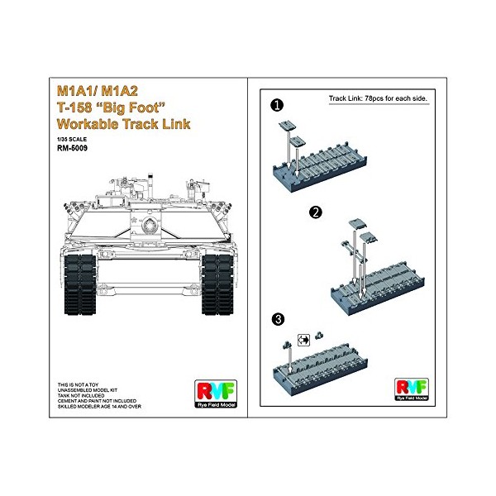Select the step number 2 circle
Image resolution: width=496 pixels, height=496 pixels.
[x=314, y=212]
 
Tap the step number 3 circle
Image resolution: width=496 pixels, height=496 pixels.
[x=279, y=318]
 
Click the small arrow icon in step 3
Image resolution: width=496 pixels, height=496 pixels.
[x=302, y=338]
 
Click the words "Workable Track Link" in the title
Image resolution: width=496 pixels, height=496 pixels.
[x=126, y=124]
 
